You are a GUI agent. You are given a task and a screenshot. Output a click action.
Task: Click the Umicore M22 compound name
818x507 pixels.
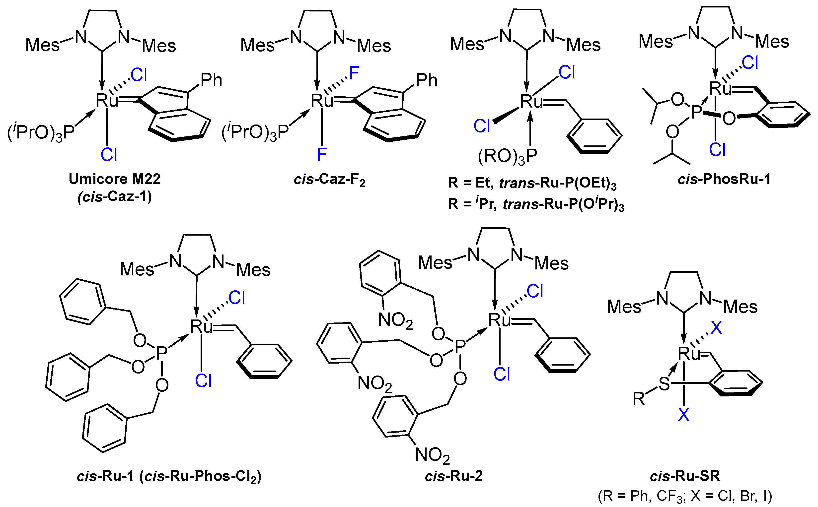tap(114, 179)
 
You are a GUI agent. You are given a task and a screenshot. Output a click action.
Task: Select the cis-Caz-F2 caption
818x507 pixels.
tap(329, 180)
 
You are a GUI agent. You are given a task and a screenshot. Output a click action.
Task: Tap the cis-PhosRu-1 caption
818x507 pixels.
tap(724, 179)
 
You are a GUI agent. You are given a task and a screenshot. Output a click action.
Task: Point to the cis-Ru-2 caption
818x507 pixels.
tap(454, 476)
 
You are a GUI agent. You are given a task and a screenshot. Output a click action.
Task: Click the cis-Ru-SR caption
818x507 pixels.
tap(685, 476)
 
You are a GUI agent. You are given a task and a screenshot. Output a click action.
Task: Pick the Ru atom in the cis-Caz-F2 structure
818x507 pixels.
tap(321, 100)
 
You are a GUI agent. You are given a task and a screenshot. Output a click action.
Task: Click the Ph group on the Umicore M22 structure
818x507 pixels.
tap(211, 80)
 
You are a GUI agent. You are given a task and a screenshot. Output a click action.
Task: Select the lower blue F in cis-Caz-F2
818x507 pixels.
tap(322, 155)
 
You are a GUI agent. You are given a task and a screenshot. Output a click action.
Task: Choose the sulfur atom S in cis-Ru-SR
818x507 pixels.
tap(664, 384)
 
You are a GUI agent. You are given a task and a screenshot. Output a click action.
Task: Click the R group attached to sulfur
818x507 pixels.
tap(639, 399)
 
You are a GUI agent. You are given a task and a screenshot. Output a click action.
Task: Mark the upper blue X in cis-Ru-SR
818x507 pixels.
tap(716, 328)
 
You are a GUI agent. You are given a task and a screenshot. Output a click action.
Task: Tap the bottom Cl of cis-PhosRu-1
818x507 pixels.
tap(717, 150)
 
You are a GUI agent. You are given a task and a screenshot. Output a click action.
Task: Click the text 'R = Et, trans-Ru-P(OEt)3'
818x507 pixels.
tap(532, 183)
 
